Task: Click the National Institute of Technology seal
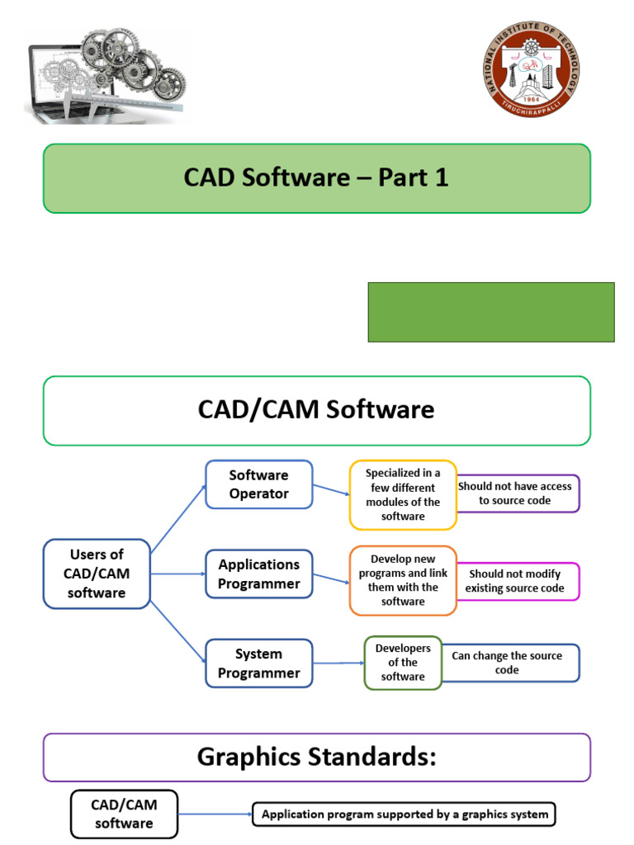tap(531, 69)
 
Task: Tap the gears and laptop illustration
tap(106, 76)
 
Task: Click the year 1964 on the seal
tap(531, 100)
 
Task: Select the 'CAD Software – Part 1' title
tap(316, 178)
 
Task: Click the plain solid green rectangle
tap(491, 312)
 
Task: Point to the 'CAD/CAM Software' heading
tap(316, 410)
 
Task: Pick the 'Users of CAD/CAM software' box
tap(97, 574)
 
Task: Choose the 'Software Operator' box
tap(258, 484)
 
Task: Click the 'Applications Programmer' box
tap(258, 574)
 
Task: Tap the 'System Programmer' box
tap(258, 663)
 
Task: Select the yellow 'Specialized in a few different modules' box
tap(403, 495)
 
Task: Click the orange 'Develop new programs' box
tap(403, 580)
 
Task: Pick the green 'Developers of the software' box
tap(403, 663)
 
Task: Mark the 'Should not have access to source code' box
tap(518, 493)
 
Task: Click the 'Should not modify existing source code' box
tap(518, 581)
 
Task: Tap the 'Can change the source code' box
tap(510, 663)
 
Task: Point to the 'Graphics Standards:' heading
tap(316, 757)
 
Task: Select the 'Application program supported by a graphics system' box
tap(404, 814)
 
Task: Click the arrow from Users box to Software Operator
tap(178, 519)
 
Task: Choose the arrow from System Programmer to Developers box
tap(338, 663)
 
